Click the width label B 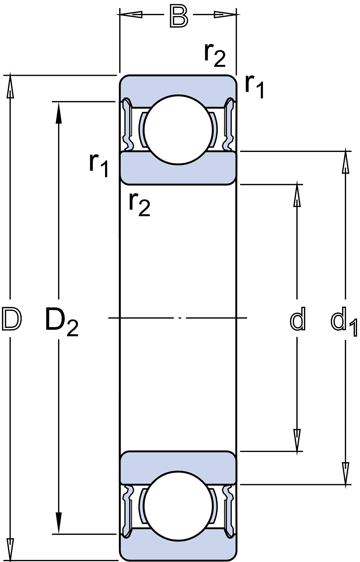pos(179,17)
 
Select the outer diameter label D pos(12,319)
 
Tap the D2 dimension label pos(62,322)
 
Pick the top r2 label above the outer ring pos(215,55)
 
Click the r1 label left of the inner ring pos(99,165)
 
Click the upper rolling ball pos(178,130)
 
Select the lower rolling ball pos(178,506)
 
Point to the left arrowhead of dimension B pos(131,14)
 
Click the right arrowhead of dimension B pos(225,14)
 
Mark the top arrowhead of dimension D pos(10,87)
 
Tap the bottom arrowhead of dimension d pos(297,440)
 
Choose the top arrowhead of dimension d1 pos(345,162)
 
